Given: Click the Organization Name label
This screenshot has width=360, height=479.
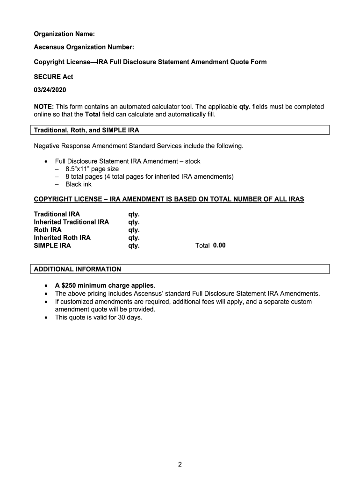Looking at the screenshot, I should point(64,34).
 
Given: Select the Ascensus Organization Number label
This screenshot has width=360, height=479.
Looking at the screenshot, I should point(84,48).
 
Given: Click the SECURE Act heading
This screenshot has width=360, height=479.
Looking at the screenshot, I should point(53,77).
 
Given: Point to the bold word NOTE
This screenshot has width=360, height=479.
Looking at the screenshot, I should point(43,107).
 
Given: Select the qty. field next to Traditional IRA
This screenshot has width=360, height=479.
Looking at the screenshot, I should point(134,215).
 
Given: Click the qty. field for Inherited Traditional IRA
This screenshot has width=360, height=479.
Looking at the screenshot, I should point(134,222).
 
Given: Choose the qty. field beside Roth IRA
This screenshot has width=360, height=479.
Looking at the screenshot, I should point(134,230).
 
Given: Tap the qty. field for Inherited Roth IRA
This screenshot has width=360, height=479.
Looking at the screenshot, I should point(134,238).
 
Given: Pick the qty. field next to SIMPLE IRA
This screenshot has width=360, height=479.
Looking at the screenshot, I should point(134,246).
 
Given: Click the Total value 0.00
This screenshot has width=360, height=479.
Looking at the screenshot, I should point(219,245).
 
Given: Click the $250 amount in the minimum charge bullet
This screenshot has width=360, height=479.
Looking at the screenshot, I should point(70,285).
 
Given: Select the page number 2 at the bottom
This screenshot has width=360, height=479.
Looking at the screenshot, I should point(180,464).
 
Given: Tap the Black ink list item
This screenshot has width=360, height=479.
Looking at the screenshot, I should point(78,184).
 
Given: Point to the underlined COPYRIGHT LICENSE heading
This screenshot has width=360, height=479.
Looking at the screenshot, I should point(169,199).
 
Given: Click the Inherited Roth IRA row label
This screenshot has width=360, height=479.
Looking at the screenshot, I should point(62,238).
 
